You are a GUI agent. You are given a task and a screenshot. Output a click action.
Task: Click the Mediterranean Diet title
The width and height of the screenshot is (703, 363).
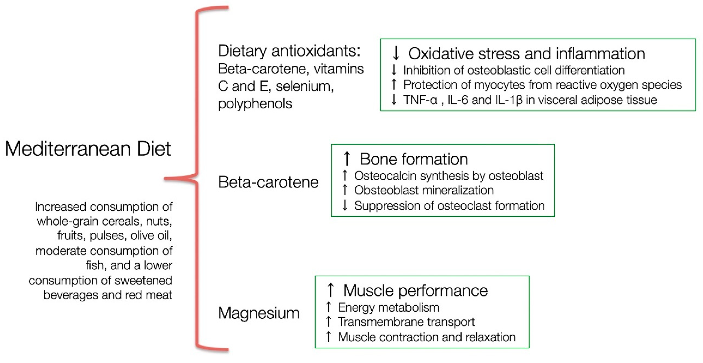coord(88,149)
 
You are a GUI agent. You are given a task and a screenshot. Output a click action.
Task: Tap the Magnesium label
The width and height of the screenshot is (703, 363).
coord(259,313)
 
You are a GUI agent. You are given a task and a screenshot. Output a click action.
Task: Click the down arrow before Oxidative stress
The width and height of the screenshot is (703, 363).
coord(396,53)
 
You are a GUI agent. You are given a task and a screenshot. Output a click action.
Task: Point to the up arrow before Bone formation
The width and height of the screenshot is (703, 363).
coord(347,159)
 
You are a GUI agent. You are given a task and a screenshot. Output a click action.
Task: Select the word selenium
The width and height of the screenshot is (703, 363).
coord(305,86)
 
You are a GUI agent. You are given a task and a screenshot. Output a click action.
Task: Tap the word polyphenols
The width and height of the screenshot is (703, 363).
coord(255,104)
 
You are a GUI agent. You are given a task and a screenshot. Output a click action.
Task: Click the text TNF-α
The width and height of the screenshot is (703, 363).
coord(420,100)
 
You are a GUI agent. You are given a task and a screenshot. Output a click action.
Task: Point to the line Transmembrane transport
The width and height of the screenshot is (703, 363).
coord(406,322)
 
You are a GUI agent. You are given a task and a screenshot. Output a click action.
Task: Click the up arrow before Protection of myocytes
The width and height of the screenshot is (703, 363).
coord(394,84)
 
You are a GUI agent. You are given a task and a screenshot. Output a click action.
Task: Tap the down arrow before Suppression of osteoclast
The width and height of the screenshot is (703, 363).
coord(345,205)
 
